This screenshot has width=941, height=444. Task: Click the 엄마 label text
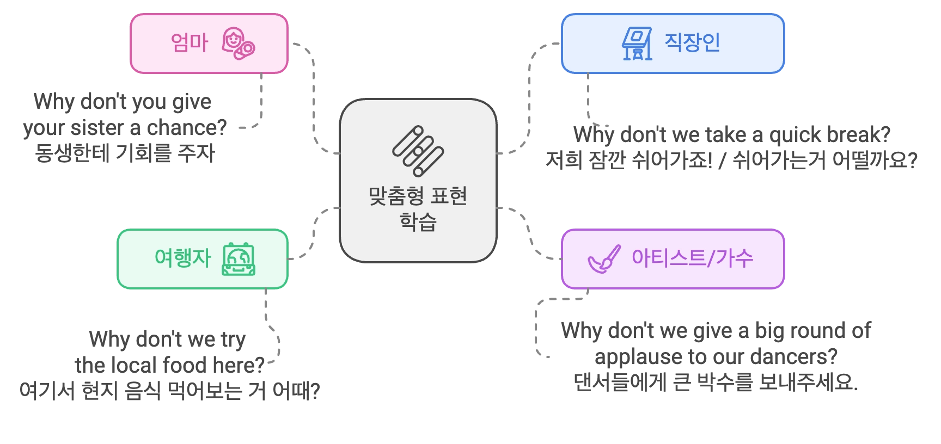[189, 42]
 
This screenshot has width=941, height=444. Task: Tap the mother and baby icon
[238, 43]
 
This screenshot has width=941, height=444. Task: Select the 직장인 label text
[692, 42]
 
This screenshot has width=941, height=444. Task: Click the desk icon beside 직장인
[637, 44]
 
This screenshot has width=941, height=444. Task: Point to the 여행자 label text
[182, 258]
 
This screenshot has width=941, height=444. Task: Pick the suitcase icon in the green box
[239, 259]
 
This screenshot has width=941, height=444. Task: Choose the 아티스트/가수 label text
[692, 258]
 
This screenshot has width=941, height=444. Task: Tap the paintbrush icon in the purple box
[604, 259]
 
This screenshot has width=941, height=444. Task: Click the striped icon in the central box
[418, 151]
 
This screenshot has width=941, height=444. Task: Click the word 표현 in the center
[449, 196]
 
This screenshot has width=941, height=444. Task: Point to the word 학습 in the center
[418, 222]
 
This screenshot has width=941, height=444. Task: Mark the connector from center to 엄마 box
[313, 98]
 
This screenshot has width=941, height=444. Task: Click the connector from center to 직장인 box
[529, 98]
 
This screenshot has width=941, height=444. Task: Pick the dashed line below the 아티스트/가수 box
[536, 326]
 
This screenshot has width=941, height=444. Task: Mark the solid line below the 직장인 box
[588, 98]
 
